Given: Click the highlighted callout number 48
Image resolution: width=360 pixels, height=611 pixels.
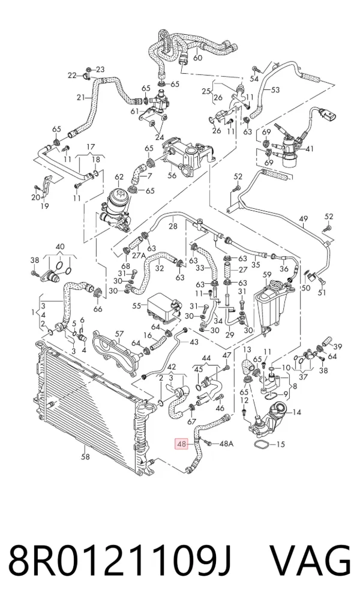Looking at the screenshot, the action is click(182, 444).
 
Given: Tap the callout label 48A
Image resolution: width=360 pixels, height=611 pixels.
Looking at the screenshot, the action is click(226, 444).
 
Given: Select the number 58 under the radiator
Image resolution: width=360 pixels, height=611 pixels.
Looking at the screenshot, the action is click(85, 456).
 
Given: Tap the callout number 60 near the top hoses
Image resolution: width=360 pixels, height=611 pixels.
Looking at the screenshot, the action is click(197, 58).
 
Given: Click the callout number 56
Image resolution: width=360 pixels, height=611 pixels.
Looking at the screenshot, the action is click(172, 176).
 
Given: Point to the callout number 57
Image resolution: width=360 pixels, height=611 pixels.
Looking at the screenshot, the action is click(119, 334).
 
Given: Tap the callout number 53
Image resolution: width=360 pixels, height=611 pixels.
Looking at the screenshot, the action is click(275, 91).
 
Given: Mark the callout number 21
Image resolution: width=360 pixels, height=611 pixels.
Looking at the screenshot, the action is click(80, 97).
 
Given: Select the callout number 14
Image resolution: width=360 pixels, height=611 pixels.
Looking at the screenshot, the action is click(296, 412).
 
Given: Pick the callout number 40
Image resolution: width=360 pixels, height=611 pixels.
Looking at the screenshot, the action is click(60, 247).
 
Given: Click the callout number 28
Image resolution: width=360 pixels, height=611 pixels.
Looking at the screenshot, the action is click(173, 226).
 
